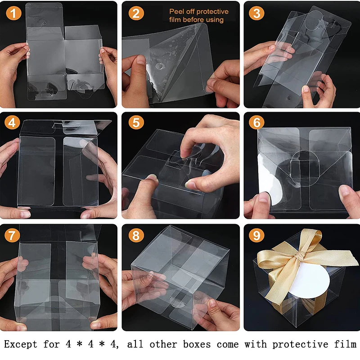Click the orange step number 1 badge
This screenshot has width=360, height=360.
coord(14,13)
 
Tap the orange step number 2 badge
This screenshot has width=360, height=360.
coord(136,13)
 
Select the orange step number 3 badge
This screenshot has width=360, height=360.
coord(256,13)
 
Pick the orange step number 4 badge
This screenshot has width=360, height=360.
coord(12,122)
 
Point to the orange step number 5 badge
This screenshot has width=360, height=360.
coord(136,122)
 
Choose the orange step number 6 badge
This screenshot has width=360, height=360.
coord(256,122)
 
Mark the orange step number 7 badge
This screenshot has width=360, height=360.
coord(12,235)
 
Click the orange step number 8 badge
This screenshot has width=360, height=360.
coord(136,235)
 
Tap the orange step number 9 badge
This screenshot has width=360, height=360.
coord(256,235)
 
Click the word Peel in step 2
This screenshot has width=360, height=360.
coord(176,11)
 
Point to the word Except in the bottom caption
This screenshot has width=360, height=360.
coord(20,344)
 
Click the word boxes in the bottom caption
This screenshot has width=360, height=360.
coord(197,344)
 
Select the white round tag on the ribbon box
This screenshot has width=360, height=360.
coord(309,280)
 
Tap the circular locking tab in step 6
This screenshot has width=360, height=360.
coord(305,168)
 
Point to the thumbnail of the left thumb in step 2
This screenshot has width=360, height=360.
coord(140,59)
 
